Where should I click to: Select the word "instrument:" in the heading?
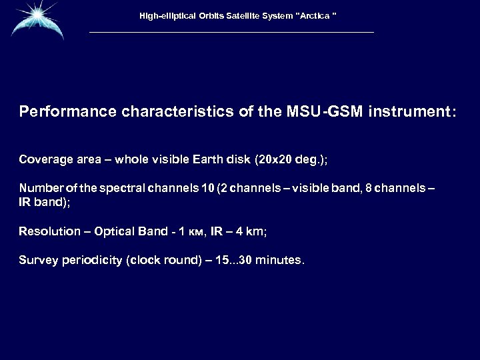(x=416, y=113)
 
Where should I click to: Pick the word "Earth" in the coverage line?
(x=215, y=160)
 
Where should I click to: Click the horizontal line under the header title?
(x=231, y=33)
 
